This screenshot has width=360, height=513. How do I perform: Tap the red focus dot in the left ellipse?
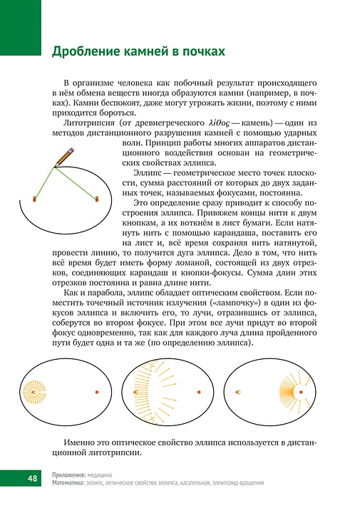click(96, 393)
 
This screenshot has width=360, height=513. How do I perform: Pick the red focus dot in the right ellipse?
click(302, 393)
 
